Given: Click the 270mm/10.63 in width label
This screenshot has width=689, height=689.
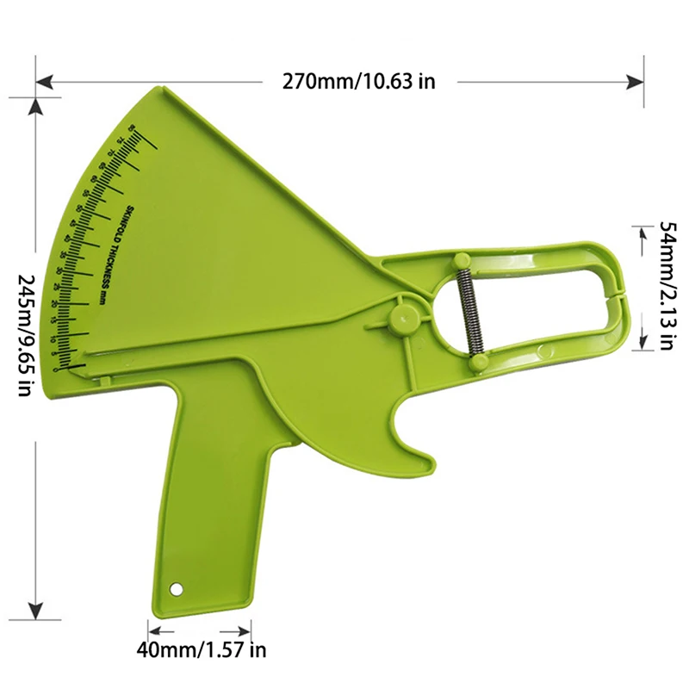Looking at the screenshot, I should tap(359, 82).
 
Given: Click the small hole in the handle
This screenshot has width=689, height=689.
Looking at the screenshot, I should tap(177, 589).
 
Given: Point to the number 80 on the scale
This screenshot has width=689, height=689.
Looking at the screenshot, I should tap(131, 128).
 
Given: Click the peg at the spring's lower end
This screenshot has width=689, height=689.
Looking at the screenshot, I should tap(475, 365).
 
